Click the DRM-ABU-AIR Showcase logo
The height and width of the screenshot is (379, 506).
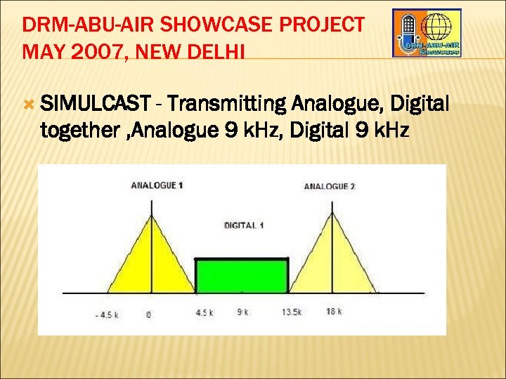click(x=427, y=33)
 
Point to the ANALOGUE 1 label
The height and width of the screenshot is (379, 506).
click(x=157, y=185)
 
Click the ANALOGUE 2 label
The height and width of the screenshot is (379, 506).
click(x=330, y=187)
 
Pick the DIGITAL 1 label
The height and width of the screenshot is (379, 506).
click(x=244, y=225)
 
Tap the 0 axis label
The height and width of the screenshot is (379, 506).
click(x=148, y=314)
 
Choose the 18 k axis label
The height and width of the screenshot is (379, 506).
click(x=334, y=312)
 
